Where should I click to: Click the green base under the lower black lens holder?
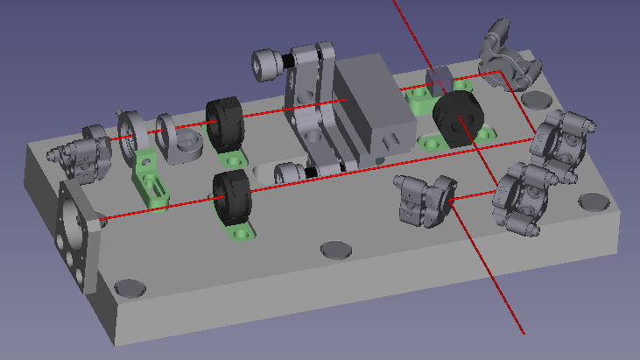tap(239, 232)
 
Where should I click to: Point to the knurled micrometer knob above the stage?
tap(266, 64)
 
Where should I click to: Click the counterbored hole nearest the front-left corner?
tap(130, 287)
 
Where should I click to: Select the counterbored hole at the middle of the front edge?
tap(336, 250)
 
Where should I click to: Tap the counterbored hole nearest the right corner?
tap(594, 202)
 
